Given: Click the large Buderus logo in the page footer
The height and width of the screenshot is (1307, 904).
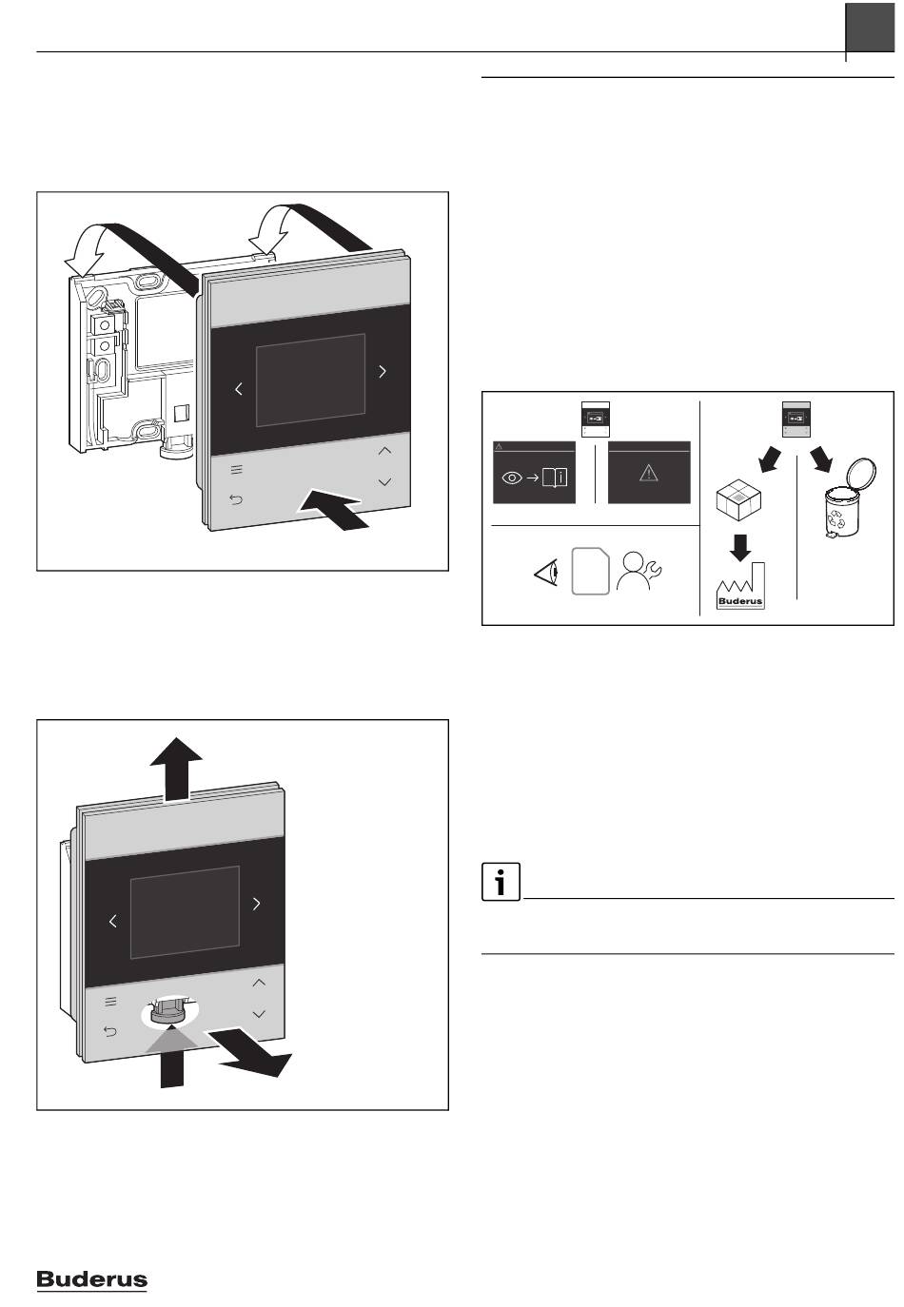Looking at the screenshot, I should [91, 1280].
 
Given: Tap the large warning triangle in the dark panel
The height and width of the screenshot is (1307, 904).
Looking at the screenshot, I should [649, 473].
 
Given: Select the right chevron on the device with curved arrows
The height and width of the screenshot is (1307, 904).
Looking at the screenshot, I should [383, 372].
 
